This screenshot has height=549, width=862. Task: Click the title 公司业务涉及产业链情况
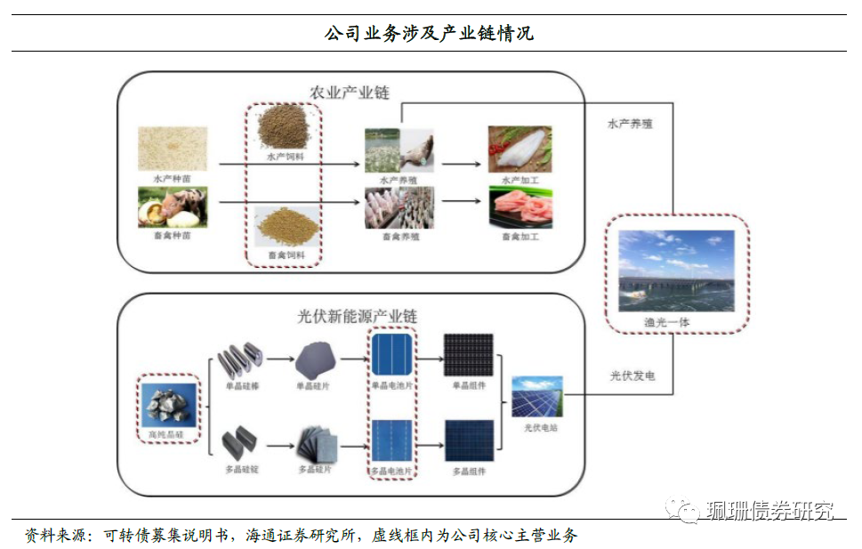coord(430,34)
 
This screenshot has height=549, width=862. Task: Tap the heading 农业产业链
coord(350,93)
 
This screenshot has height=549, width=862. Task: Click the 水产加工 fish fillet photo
coord(520,149)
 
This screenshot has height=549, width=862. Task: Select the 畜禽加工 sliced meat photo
coord(520,208)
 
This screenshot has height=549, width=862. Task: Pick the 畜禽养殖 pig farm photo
coord(399,208)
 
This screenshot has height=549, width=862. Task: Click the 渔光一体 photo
coord(676,270)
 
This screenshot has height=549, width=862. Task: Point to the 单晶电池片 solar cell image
coord(391,355)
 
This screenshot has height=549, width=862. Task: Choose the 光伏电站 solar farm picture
coord(536,397)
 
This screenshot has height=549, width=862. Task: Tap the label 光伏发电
coord(632,376)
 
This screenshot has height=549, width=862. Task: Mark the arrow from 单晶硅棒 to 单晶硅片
coord(279,359)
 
